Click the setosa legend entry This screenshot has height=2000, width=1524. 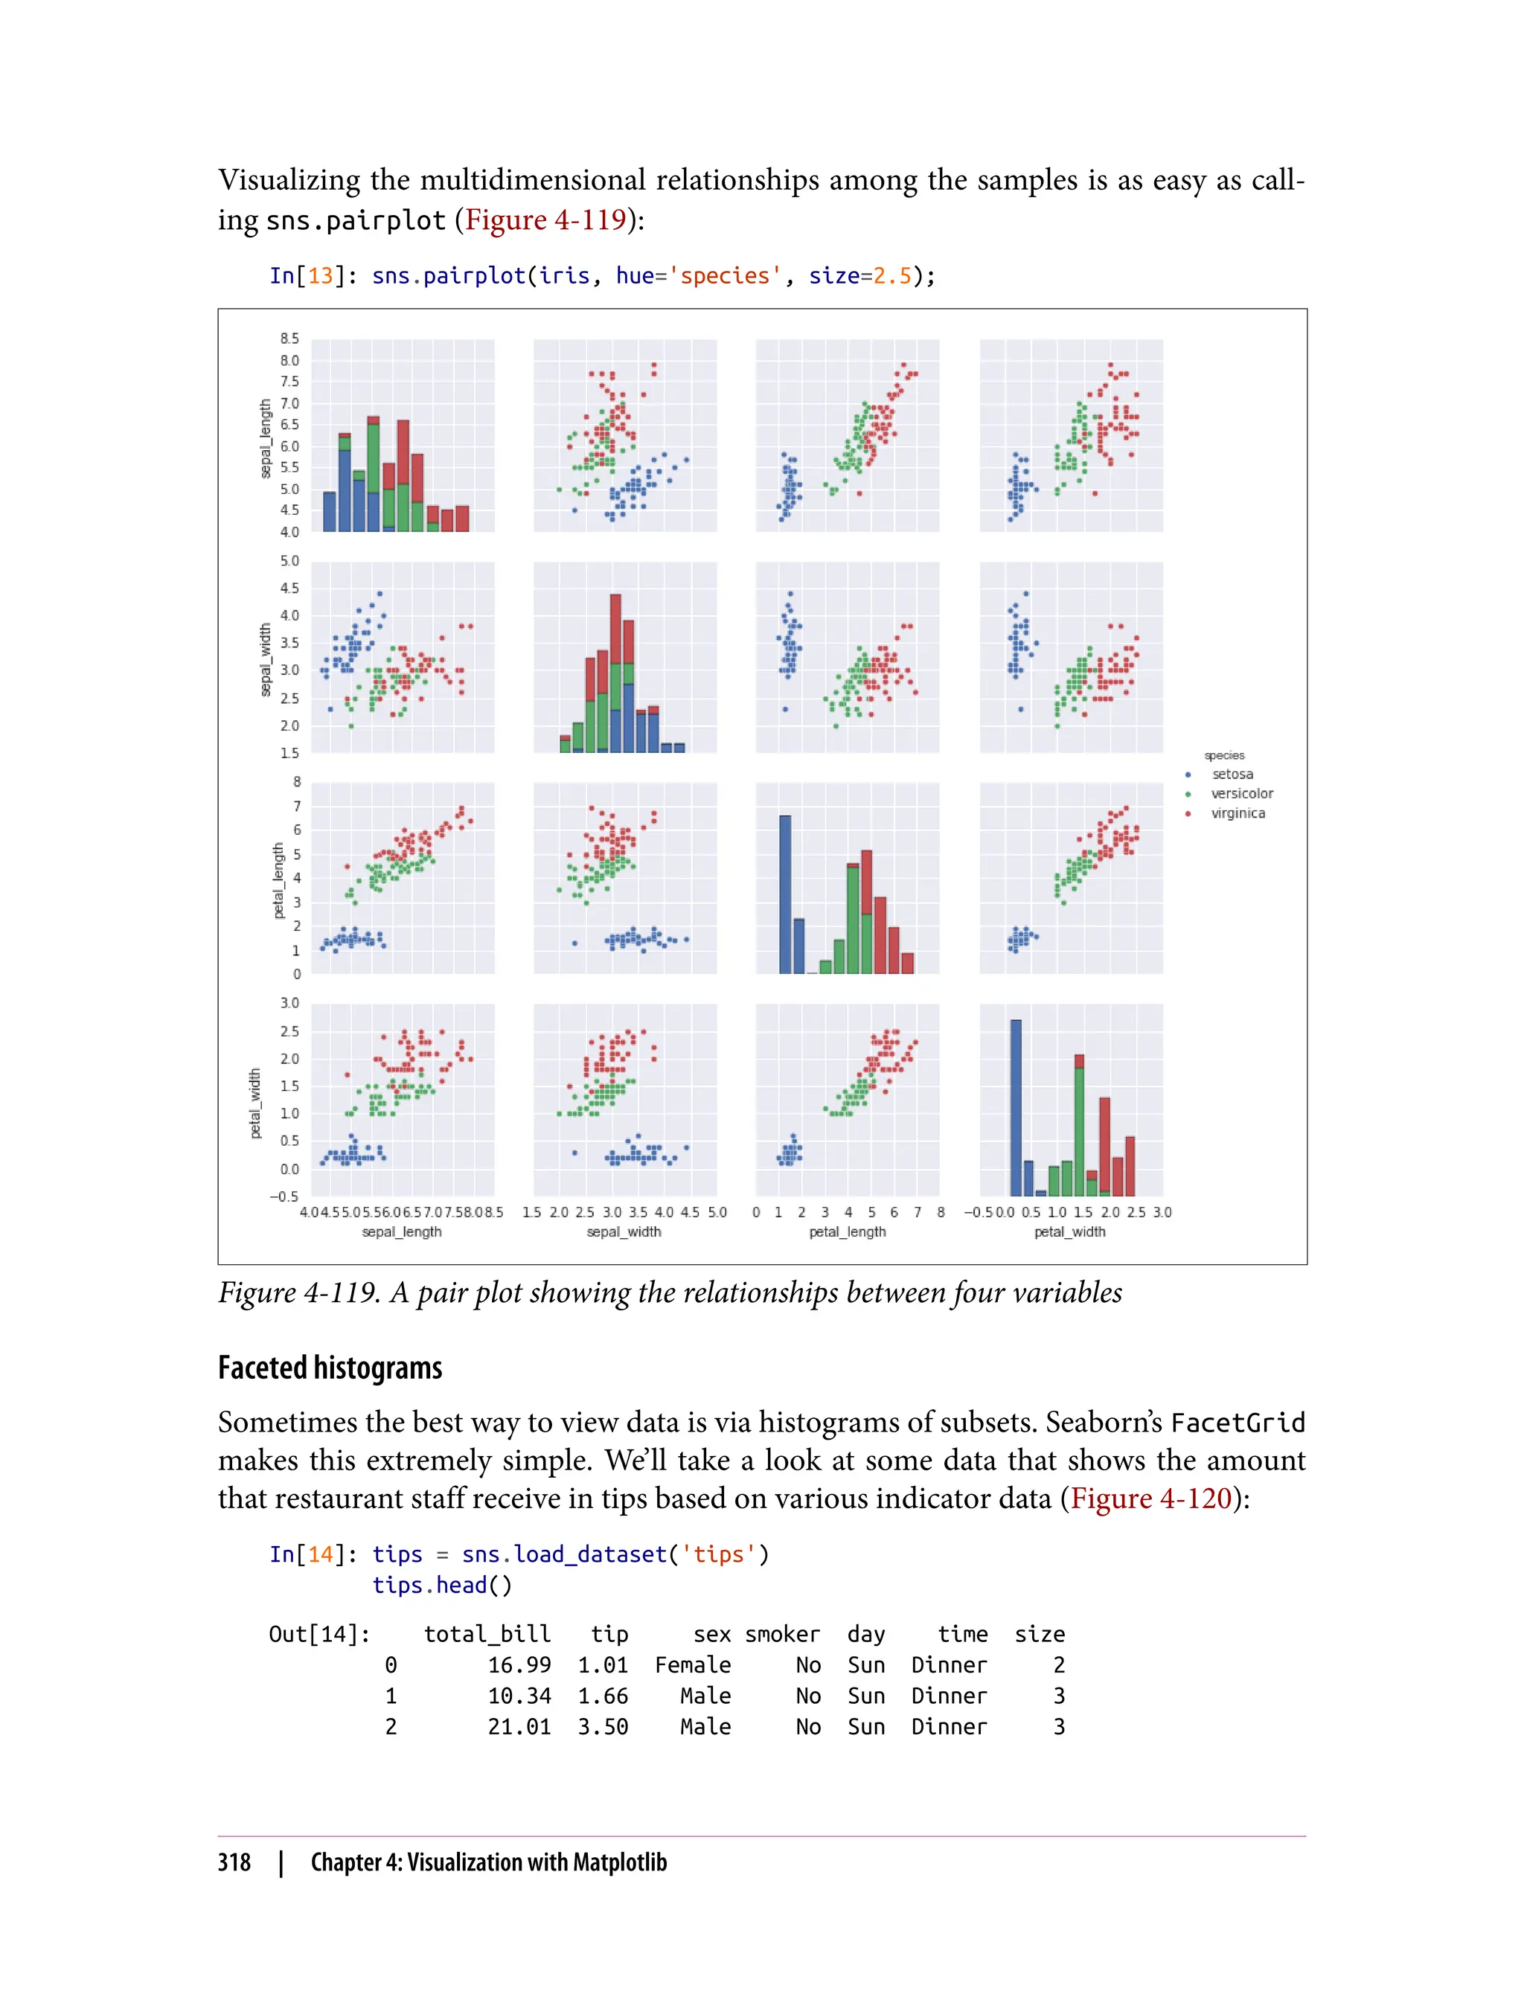pos(1231,775)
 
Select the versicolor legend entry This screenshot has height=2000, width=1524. pos(1241,794)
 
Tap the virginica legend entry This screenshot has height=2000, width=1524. pos(1238,813)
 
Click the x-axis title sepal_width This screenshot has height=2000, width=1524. pos(624,1231)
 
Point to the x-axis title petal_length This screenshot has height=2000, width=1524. pos(848,1231)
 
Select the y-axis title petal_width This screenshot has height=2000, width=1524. pos(256,1103)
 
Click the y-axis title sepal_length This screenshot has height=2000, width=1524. pos(265,439)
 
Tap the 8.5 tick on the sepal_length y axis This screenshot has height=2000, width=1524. pos(289,339)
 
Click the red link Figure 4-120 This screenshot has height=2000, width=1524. pos(1151,1498)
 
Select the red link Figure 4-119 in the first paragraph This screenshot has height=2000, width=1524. pos(545,219)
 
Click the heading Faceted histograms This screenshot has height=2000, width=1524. pos(330,1368)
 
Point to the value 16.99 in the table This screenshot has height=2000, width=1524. pos(519,1665)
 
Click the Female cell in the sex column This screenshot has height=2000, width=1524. pos(693,1665)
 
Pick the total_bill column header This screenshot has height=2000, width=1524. pos(487,1635)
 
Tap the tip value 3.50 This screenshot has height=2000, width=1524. pos(603,1727)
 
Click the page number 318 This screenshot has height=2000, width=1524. pos(234,1862)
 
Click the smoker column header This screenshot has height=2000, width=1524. pos(782,1635)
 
